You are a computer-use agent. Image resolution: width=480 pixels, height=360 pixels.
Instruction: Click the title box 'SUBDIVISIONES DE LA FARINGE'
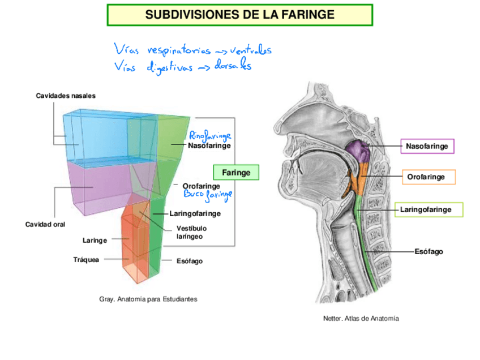click(239, 15)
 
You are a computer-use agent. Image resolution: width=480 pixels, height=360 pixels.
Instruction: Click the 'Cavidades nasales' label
click(66, 96)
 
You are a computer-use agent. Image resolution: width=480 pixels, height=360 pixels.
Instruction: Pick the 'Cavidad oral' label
click(45, 225)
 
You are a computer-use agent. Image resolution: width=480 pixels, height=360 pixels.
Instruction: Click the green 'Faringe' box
click(236, 172)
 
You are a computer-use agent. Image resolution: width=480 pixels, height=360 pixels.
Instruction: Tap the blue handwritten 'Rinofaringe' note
click(210, 136)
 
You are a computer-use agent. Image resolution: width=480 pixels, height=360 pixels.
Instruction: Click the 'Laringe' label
click(95, 241)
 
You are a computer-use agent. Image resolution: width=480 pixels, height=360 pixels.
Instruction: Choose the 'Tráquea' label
click(86, 260)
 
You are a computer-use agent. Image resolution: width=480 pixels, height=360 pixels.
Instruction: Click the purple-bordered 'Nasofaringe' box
click(427, 147)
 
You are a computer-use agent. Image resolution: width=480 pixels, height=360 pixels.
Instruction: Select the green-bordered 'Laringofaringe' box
click(428, 209)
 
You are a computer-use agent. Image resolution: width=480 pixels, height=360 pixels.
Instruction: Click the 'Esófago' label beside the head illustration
click(428, 251)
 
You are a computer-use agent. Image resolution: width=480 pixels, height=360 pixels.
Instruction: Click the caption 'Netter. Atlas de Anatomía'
click(361, 319)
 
